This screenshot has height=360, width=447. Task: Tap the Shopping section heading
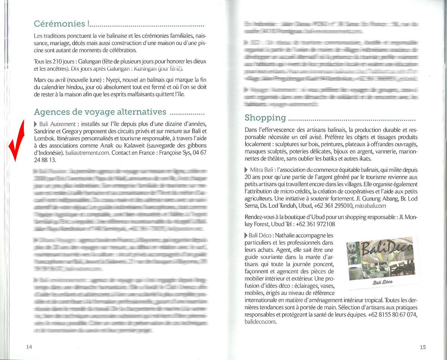point(265,118)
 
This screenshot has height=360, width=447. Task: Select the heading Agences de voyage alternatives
point(100,112)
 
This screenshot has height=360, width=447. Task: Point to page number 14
point(29,347)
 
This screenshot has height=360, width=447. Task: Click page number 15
point(422,347)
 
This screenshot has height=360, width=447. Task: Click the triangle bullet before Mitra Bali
point(246,170)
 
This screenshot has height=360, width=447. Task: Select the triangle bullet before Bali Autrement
point(35,124)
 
